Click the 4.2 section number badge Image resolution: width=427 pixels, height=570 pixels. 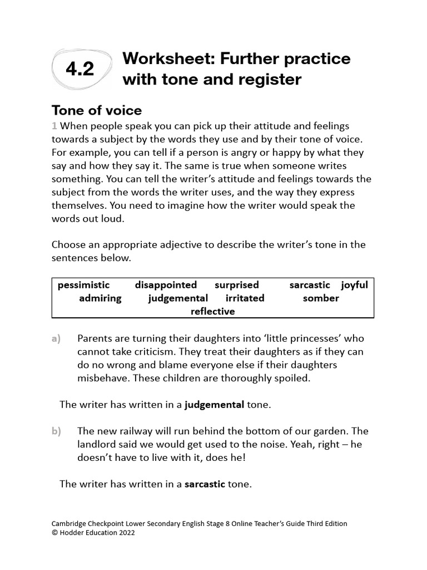(80, 69)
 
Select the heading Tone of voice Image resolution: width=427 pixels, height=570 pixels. (96, 110)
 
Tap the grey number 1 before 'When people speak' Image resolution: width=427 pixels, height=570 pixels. (54, 126)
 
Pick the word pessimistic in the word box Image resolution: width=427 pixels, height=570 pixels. (84, 285)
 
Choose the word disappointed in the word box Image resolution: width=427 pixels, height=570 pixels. (166, 285)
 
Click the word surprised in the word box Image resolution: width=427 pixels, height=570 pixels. (237, 285)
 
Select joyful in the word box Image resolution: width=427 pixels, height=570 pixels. (355, 285)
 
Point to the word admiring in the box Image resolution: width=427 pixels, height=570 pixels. (100, 298)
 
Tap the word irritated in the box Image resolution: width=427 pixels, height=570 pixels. (245, 298)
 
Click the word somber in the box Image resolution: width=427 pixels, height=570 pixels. (321, 298)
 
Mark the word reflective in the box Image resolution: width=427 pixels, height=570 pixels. (213, 312)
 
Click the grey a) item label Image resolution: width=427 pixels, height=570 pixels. (56, 338)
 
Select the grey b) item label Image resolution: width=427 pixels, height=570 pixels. (56, 431)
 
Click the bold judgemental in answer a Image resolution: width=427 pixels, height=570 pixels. (215, 405)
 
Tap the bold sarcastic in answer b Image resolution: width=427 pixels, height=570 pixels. (205, 484)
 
